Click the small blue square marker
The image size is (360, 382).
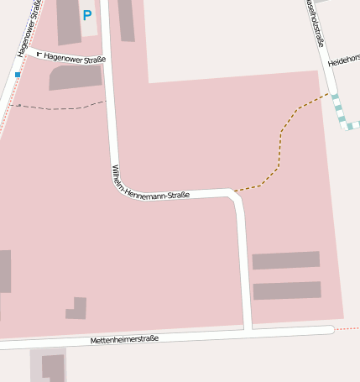tap(18, 75)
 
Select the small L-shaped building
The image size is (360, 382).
tap(77, 309)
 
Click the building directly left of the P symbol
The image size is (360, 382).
tap(68, 21)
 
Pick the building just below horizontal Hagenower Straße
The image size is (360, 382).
tap(76, 77)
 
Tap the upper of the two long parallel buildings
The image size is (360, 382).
tap(285, 260)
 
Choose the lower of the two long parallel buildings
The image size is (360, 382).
tap(286, 290)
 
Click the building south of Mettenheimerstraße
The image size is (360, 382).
tap(53, 367)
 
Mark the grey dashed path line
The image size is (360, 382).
tap(59, 107)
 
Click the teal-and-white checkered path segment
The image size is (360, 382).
tap(340, 113)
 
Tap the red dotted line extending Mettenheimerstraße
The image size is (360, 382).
tap(347, 329)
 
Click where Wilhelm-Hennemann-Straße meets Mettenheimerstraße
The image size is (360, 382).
tap(248, 329)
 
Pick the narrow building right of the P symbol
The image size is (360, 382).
tap(126, 20)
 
